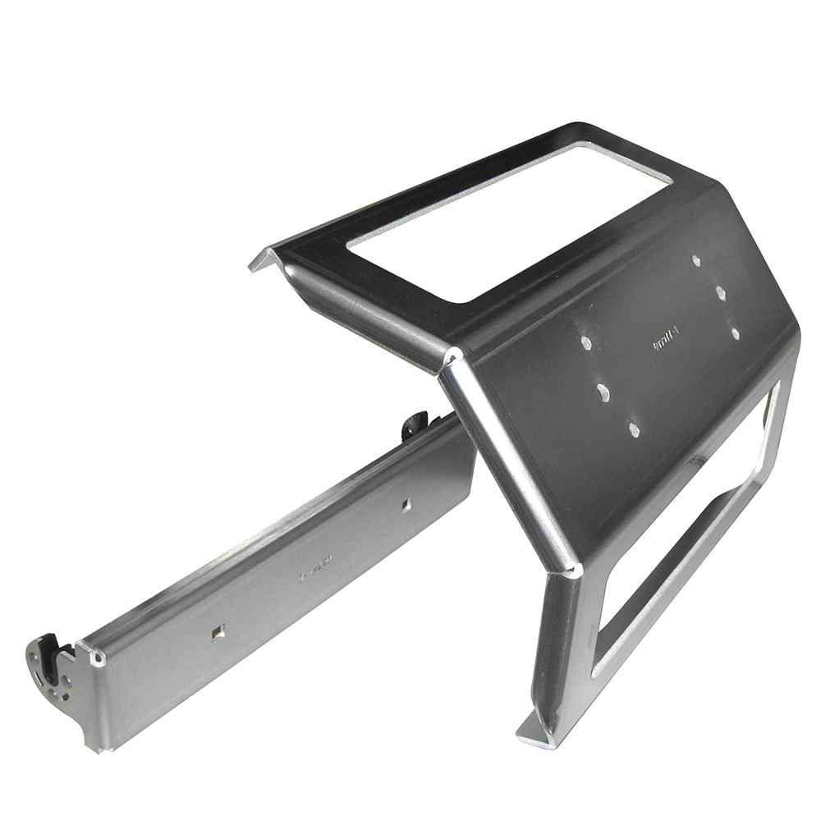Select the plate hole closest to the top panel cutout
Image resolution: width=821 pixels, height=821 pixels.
696,260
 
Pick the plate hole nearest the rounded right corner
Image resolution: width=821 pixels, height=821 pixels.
735,333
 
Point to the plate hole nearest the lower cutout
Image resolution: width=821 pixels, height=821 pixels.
633,427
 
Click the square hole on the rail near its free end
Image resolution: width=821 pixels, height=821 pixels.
217,631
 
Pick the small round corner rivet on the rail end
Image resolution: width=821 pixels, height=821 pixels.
99,658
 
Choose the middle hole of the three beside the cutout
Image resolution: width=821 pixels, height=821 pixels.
719,291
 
